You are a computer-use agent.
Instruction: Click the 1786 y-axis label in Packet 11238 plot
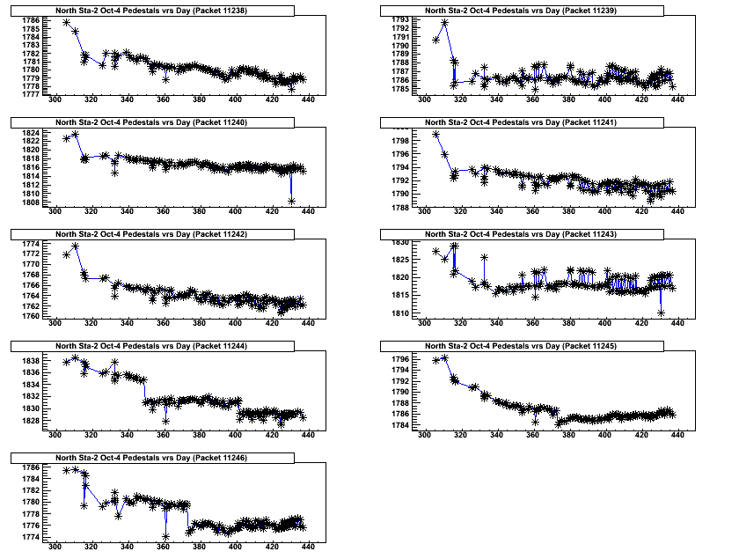point(30,20)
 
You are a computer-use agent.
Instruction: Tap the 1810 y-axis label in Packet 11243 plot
point(399,313)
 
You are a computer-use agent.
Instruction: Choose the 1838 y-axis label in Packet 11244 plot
point(30,361)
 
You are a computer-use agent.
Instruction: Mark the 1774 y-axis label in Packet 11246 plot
point(30,537)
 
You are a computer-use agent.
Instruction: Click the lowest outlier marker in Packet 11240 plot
point(291,202)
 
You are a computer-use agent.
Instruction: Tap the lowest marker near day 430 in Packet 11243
point(661,313)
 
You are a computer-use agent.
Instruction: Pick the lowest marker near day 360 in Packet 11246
point(165,536)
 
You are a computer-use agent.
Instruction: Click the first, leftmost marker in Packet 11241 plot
point(436,135)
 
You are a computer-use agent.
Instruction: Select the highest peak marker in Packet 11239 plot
point(445,23)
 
